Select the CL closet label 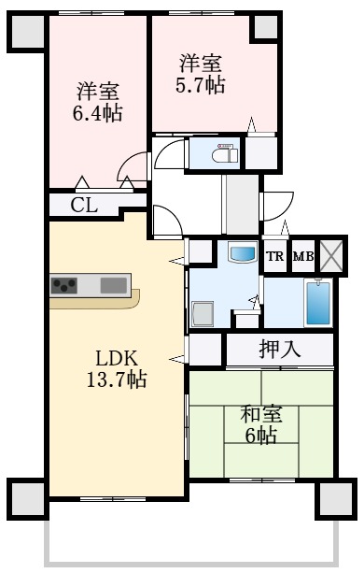pyautogui.click(x=84, y=205)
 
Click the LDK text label pyautogui.click(x=117, y=358)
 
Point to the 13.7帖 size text pyautogui.click(x=117, y=380)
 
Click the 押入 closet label pyautogui.click(x=279, y=351)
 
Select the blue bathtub pyautogui.click(x=318, y=302)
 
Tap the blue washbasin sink pyautogui.click(x=242, y=253)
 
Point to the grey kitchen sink pyautogui.click(x=114, y=284)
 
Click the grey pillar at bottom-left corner pyautogui.click(x=28, y=496)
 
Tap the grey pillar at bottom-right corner pyautogui.click(x=334, y=498)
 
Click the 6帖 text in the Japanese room pyautogui.click(x=261, y=437)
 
